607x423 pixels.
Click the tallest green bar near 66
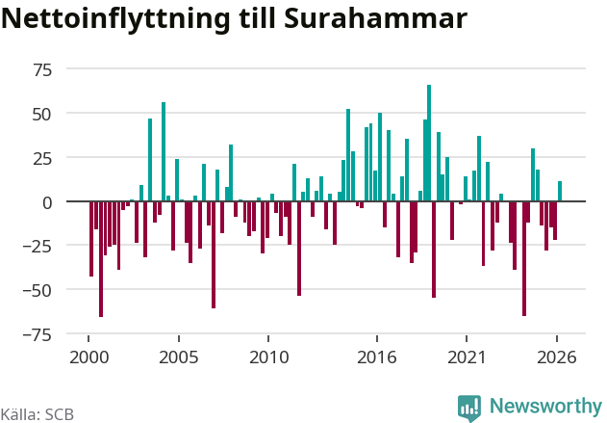(429, 143)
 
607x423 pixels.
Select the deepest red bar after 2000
(101, 259)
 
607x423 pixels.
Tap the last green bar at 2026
(560, 191)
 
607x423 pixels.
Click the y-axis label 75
(42, 70)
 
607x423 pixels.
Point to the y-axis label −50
(37, 290)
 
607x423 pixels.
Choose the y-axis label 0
(47, 202)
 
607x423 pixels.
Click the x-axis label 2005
(179, 357)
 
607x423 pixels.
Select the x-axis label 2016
(377, 357)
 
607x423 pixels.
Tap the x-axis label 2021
(467, 357)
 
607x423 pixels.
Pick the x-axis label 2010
(268, 357)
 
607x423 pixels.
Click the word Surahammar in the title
(375, 18)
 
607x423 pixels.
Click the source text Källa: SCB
(38, 414)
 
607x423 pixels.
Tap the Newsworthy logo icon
(469, 408)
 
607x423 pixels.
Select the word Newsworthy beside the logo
(545, 407)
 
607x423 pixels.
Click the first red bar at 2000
(91, 239)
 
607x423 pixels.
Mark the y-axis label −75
(37, 335)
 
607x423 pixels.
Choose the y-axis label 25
(42, 159)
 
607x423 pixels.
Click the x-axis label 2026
(557, 357)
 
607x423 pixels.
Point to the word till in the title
(257, 18)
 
